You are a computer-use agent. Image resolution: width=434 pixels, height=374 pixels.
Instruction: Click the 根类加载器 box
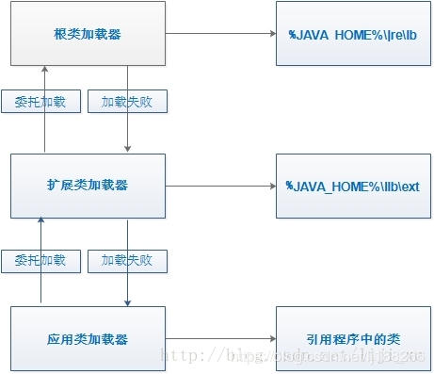(x=88, y=34)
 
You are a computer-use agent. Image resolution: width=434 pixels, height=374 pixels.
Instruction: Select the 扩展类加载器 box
(x=88, y=186)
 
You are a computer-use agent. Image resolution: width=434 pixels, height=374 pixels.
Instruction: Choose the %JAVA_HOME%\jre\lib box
(x=353, y=34)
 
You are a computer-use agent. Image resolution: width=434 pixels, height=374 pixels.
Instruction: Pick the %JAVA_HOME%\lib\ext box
(x=353, y=186)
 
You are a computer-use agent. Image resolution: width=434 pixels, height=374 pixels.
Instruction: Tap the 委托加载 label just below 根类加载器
(x=41, y=102)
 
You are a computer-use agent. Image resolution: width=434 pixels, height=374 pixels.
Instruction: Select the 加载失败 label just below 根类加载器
(x=127, y=102)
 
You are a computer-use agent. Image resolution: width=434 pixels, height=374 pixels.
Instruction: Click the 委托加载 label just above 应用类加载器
(x=41, y=259)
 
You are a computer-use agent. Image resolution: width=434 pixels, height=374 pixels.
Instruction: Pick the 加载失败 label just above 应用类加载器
(x=127, y=259)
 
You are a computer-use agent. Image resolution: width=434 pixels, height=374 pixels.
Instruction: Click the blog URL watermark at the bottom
(x=292, y=355)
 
